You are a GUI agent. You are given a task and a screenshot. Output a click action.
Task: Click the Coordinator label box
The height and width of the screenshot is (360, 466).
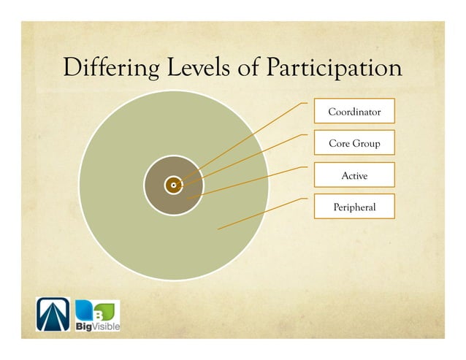pyautogui.click(x=354, y=112)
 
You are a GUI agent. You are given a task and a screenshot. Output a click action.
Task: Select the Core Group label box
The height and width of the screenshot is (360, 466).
pyautogui.click(x=354, y=143)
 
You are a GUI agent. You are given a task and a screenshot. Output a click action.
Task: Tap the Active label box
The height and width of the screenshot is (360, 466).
pyautogui.click(x=354, y=175)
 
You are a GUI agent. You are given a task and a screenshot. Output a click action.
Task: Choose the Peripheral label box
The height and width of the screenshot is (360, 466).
pyautogui.click(x=354, y=207)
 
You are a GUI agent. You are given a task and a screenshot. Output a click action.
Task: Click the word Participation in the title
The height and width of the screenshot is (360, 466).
pyautogui.click(x=333, y=69)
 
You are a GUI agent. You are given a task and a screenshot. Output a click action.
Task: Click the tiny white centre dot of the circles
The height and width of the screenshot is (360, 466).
pyautogui.click(x=173, y=185)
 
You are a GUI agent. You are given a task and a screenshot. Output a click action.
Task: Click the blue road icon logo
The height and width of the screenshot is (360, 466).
pyautogui.click(x=53, y=315)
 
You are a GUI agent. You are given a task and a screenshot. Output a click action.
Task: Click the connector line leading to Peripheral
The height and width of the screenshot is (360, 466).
pyautogui.click(x=256, y=215)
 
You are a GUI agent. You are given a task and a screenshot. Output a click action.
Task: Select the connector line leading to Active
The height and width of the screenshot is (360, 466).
pyautogui.click(x=248, y=183)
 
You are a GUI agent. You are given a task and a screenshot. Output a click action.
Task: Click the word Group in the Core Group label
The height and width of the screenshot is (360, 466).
pyautogui.click(x=366, y=144)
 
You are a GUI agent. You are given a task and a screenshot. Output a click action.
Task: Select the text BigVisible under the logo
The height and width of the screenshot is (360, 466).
pyautogui.click(x=97, y=326)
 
